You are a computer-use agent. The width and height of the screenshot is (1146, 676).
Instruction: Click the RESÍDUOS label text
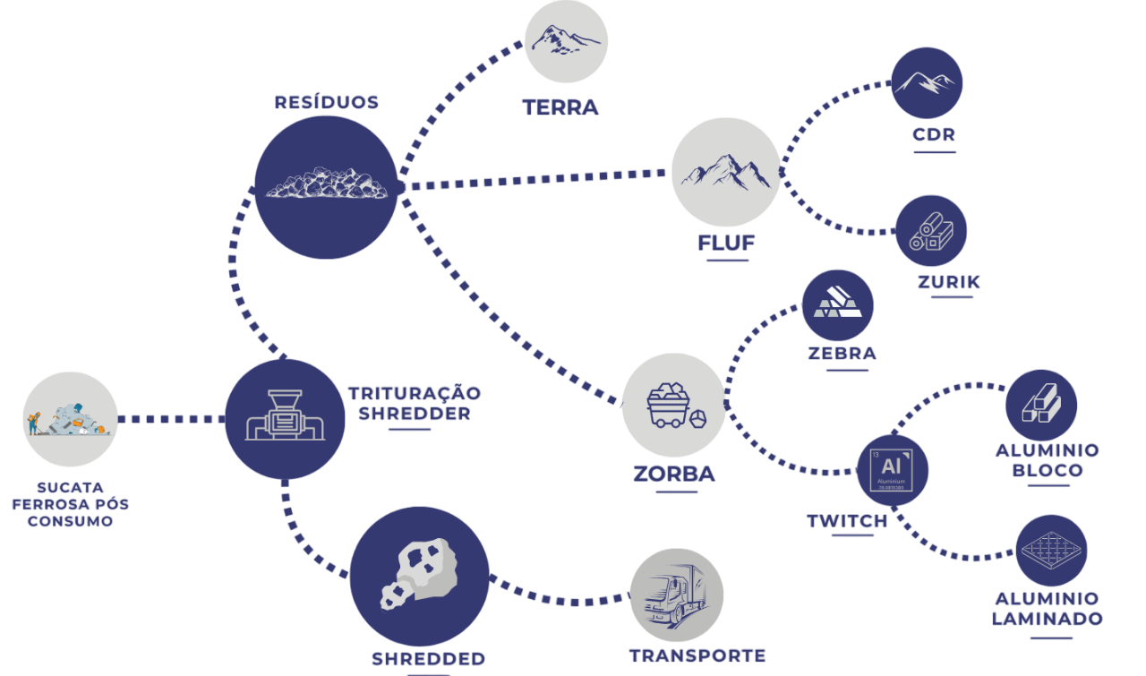click(x=326, y=102)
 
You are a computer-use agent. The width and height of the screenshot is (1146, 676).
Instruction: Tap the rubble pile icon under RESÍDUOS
click(x=326, y=185)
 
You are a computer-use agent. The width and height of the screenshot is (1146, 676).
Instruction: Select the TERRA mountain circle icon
click(x=566, y=41)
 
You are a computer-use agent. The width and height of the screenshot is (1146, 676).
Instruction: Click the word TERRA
click(x=560, y=108)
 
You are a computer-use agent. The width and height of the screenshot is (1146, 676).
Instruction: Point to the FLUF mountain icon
click(x=725, y=172)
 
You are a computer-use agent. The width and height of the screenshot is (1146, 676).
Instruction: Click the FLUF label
click(x=726, y=243)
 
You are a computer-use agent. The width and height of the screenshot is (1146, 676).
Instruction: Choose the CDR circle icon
click(x=927, y=83)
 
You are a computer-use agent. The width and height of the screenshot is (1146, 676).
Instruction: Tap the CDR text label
click(x=935, y=135)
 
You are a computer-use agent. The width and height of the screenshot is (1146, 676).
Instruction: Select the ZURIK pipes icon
click(x=931, y=230)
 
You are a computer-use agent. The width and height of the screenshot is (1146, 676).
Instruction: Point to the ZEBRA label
click(x=842, y=353)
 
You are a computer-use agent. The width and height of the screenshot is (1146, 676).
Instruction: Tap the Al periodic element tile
click(x=892, y=469)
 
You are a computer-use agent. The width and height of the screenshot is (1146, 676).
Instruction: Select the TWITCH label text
click(x=847, y=521)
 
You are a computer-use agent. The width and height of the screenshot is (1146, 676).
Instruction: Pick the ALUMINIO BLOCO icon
click(x=1041, y=406)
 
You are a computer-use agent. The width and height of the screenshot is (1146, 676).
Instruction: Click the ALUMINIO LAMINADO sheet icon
click(x=1052, y=550)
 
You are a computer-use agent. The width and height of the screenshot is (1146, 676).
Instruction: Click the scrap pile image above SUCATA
click(x=71, y=419)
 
